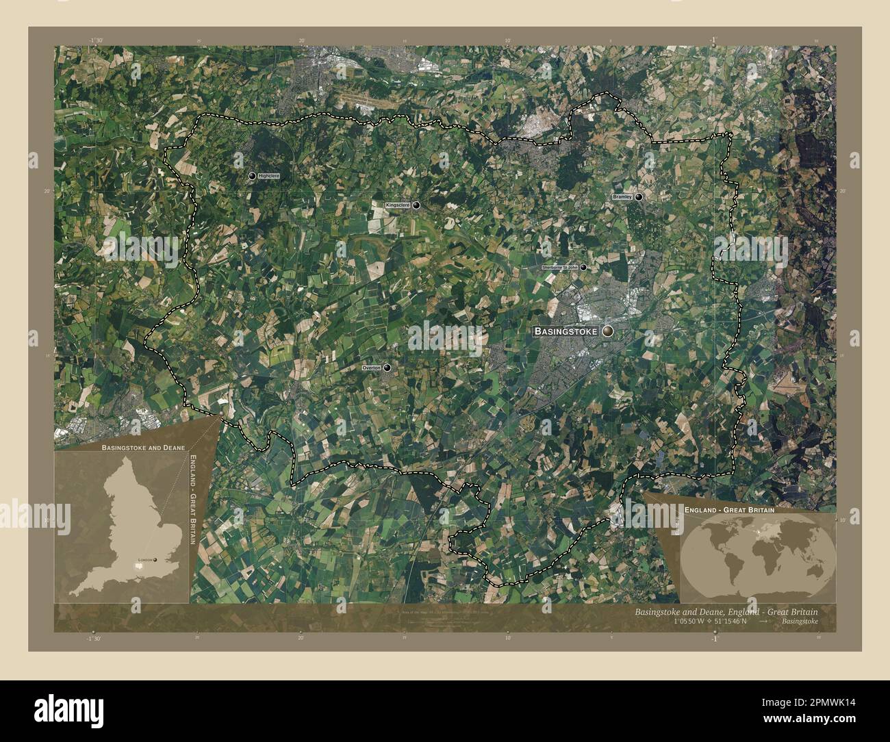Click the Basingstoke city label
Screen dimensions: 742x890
point(565,331)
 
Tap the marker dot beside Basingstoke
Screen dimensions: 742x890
point(608,331)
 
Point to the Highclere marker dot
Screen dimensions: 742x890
point(252,177)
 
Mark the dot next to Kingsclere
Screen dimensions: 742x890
point(416,205)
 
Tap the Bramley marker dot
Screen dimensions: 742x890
point(639,196)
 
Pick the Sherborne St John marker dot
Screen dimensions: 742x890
point(583,268)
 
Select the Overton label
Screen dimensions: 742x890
point(371,368)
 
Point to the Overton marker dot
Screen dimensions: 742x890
point(387,368)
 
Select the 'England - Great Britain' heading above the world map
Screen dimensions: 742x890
point(729,510)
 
